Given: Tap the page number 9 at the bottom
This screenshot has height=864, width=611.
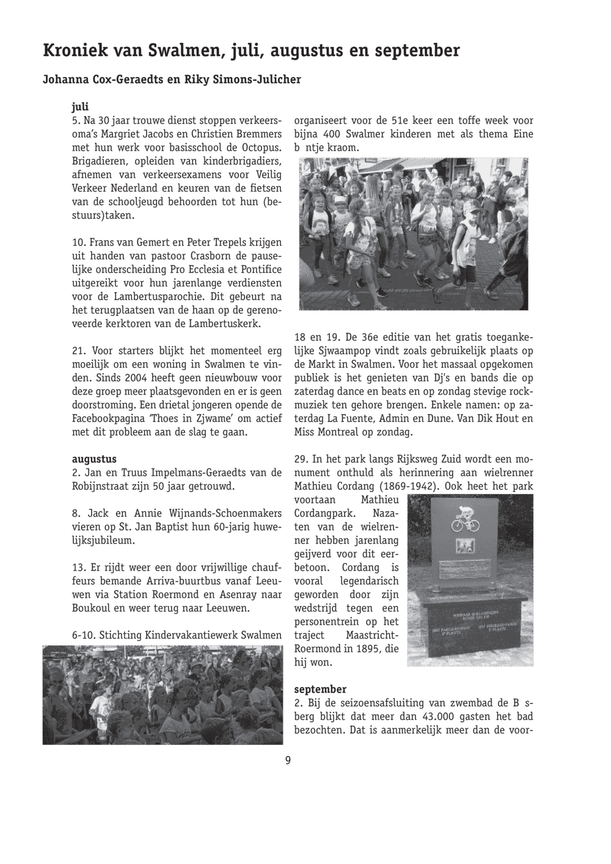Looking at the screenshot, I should tap(288, 760).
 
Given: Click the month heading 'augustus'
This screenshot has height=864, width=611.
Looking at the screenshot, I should tap(94, 459).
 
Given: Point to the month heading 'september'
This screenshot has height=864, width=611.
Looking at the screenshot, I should tap(320, 689).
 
